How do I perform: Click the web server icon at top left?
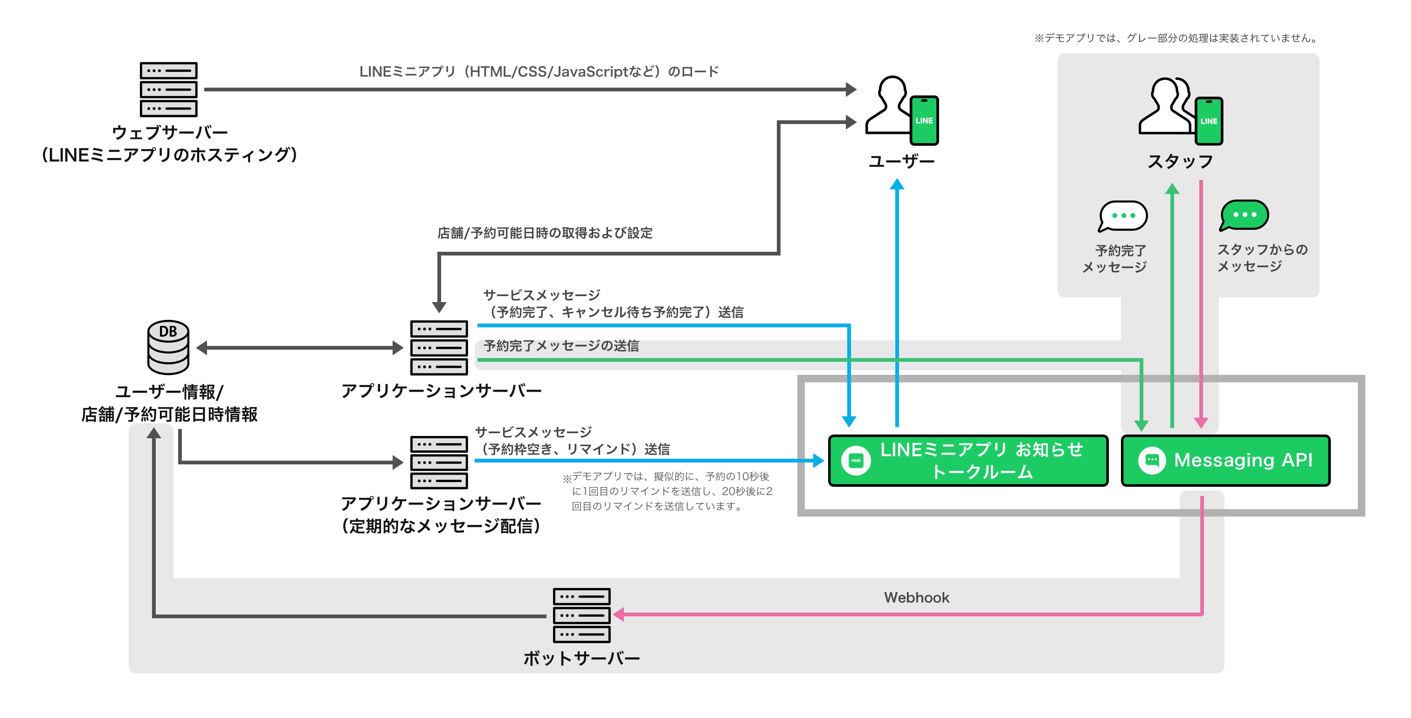(168, 89)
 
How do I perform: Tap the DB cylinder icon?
(168, 347)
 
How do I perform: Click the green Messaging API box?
(1225, 461)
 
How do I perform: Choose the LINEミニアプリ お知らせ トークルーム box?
(968, 461)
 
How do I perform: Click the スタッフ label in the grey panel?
(1180, 162)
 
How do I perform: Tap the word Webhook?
(916, 598)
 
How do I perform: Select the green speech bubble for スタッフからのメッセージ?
(1244, 214)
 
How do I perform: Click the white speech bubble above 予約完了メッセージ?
(1123, 216)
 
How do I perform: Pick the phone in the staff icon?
(1209, 121)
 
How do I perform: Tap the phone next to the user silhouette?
(924, 120)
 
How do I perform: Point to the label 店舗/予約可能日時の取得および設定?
(545, 233)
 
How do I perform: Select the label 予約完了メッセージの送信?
(561, 346)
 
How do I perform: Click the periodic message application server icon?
(439, 462)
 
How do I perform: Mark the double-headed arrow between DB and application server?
(300, 348)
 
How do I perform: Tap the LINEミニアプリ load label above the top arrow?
(539, 72)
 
